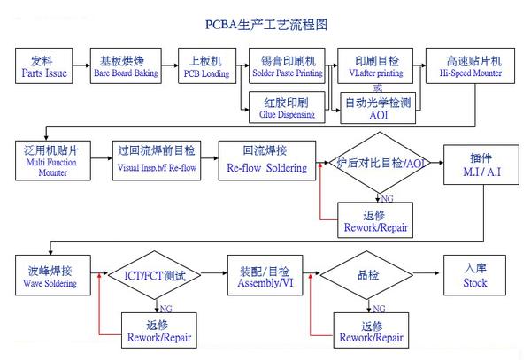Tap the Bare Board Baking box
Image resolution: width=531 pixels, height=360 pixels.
tap(126, 66)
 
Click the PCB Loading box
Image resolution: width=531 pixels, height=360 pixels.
tap(205, 66)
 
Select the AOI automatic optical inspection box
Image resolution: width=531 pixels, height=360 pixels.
tap(378, 107)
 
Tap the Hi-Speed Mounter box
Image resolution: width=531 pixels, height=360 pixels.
tap(470, 66)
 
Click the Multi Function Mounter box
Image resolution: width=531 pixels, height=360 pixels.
tap(52, 162)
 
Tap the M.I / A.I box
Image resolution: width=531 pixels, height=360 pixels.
tap(481, 164)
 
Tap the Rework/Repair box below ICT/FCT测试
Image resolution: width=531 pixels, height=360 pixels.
tap(159, 332)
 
